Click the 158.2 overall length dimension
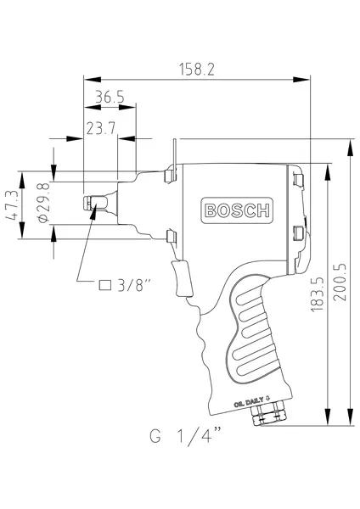[x=195, y=69]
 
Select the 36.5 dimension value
[x=110, y=98]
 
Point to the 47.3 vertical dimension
[x=13, y=207]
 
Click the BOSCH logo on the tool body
[x=237, y=210]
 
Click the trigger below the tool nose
[x=181, y=277]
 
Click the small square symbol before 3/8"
[x=106, y=284]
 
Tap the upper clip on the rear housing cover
[x=298, y=179]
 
